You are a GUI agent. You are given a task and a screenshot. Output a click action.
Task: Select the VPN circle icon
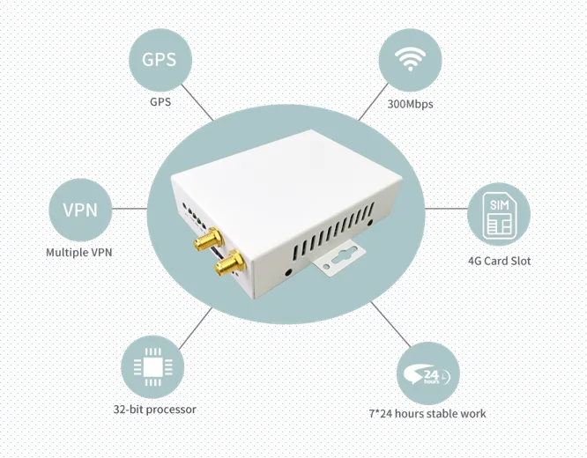point(81,210)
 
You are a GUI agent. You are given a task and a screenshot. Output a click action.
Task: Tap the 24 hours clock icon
point(429,373)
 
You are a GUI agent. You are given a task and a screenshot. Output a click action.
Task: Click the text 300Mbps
point(411,104)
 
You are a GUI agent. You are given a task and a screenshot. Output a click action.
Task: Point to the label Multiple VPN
point(79,252)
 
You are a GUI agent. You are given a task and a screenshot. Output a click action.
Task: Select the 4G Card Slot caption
point(499,261)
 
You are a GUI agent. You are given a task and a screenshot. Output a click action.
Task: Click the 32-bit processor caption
point(154,410)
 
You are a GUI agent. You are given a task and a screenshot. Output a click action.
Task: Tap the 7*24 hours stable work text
point(427,413)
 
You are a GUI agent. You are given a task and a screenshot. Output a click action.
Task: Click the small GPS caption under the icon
point(160,102)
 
